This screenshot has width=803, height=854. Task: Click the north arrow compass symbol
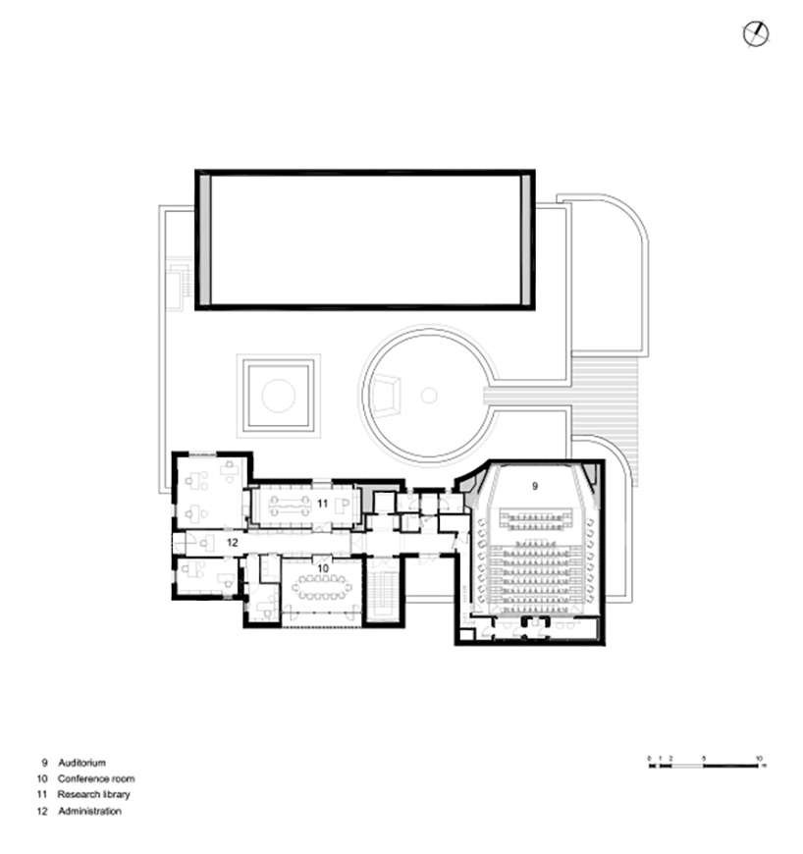pos(756,34)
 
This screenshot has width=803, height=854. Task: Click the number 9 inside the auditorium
pos(535,485)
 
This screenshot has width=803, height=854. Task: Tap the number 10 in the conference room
pos(323,567)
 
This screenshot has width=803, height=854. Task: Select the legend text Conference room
pos(96,778)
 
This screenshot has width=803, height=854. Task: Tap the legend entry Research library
pos(94,794)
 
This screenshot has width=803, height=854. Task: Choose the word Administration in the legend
pos(90,812)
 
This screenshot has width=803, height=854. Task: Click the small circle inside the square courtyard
pos(278,396)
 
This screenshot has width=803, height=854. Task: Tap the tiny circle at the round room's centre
pos(429,396)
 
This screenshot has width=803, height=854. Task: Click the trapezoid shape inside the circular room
pos(386,396)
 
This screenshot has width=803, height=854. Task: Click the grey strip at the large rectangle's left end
pos(203,240)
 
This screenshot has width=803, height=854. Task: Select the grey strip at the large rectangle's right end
pos(526,240)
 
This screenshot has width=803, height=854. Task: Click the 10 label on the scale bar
pos(758,758)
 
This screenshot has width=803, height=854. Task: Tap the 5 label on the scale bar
pos(704,758)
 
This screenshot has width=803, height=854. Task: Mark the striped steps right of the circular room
pos(607,396)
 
